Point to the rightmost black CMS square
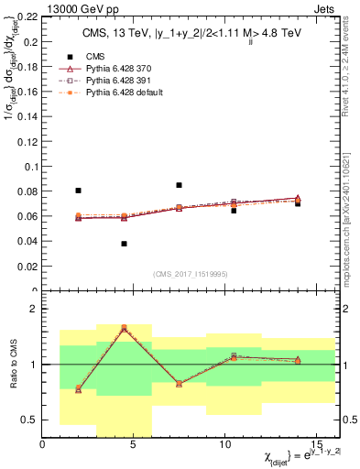[298, 203]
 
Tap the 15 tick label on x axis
[315, 444]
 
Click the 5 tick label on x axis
[134, 444]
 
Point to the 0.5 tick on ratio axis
[29, 420]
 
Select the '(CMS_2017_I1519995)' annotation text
[191, 274]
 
